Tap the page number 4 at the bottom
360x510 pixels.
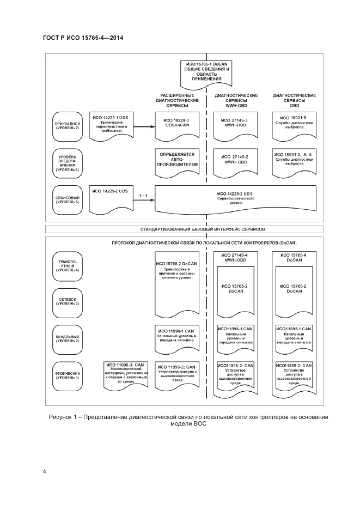pyautogui.click(x=45, y=471)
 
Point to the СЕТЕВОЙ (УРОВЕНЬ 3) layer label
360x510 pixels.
pyautogui.click(x=67, y=300)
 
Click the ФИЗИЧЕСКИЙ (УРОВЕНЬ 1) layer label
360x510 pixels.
pyautogui.click(x=67, y=374)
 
